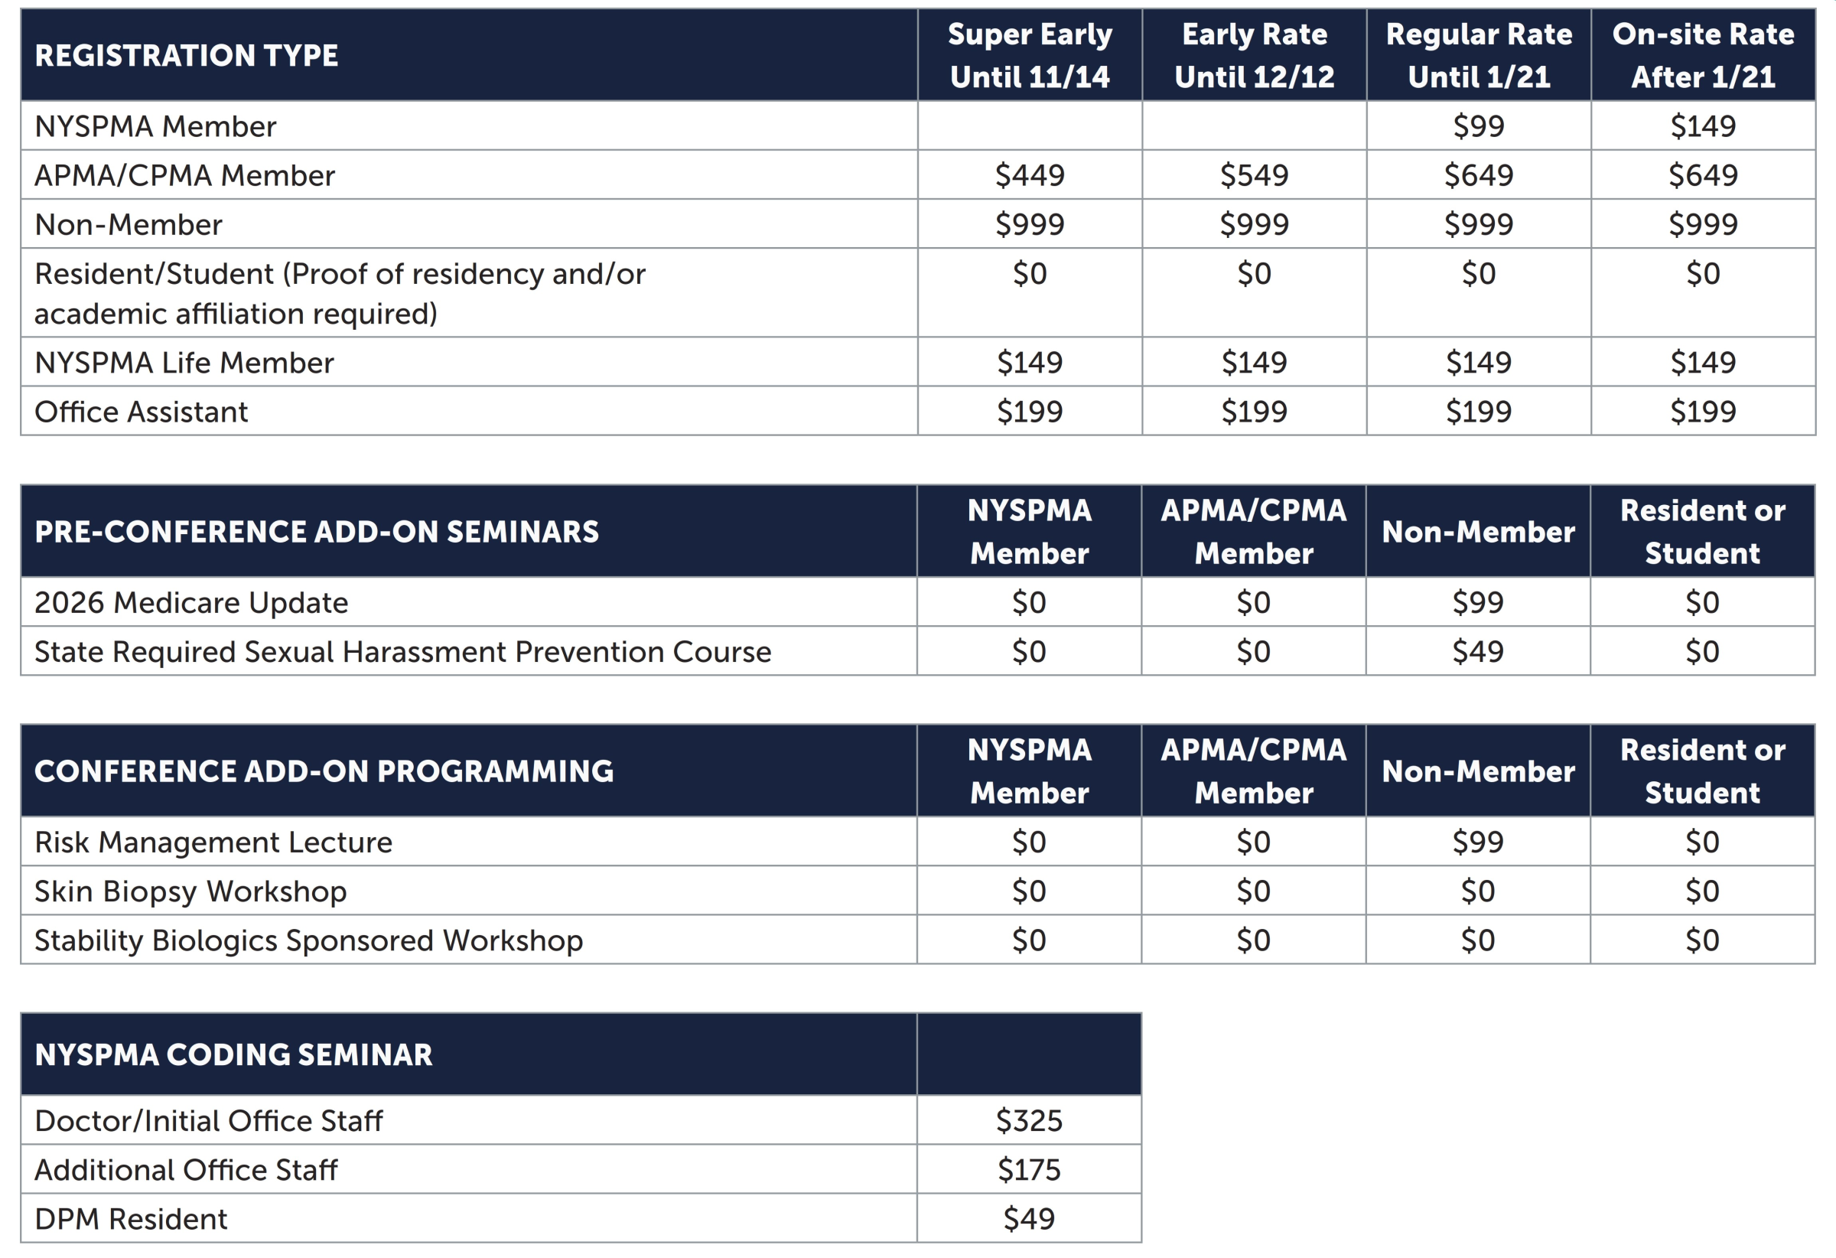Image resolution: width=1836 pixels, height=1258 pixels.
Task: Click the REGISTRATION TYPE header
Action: pyautogui.click(x=187, y=55)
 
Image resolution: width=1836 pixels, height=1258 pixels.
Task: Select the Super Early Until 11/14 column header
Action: pyautogui.click(x=1030, y=55)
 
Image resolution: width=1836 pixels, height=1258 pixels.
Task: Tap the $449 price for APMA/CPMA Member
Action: pyautogui.click(x=1030, y=175)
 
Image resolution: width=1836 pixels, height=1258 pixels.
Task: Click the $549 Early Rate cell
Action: pyautogui.click(x=1254, y=175)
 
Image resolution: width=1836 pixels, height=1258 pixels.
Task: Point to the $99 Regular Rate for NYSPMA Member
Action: pyautogui.click(x=1478, y=126)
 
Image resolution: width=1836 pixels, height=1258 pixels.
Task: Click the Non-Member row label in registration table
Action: pyautogui.click(x=128, y=225)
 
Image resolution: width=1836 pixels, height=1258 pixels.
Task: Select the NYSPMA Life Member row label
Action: pyautogui.click(x=184, y=363)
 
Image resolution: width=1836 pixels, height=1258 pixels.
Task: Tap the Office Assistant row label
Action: pyautogui.click(x=142, y=412)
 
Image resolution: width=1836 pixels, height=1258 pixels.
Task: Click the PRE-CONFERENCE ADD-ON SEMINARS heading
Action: pyautogui.click(x=317, y=532)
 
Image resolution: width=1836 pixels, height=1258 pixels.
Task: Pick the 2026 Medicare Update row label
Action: pyautogui.click(x=191, y=603)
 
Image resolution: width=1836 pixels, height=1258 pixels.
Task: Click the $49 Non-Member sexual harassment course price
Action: pyautogui.click(x=1477, y=652)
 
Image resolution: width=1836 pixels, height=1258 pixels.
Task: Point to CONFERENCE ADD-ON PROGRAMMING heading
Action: pyautogui.click(x=324, y=771)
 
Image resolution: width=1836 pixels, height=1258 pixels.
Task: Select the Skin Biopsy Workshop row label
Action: pyautogui.click(x=190, y=891)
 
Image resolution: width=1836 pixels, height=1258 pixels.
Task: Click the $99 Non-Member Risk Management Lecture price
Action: pyautogui.click(x=1477, y=842)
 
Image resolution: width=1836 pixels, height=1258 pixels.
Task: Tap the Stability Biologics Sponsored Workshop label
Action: pyautogui.click(x=309, y=940)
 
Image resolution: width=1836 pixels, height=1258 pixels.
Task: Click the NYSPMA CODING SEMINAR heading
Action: pyautogui.click(x=234, y=1055)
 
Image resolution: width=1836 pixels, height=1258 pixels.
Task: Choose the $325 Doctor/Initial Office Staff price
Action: pyautogui.click(x=1029, y=1120)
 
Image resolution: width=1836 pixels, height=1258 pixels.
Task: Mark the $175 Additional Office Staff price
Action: pyautogui.click(x=1029, y=1169)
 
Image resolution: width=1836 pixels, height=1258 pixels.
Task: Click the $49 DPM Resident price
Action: pyautogui.click(x=1029, y=1218)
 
